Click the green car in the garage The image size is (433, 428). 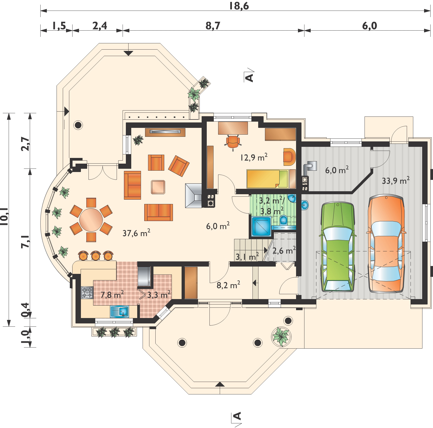[x=337, y=247]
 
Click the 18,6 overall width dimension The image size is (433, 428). [x=239, y=6]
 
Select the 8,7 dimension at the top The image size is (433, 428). [x=213, y=26]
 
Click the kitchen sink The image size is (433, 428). [x=120, y=311]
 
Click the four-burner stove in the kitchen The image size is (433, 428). [x=87, y=293]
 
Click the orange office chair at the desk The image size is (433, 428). [x=233, y=142]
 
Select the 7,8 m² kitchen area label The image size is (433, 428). [x=112, y=294]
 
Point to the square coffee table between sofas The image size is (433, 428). [x=158, y=187]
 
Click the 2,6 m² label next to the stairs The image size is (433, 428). [x=284, y=250]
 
